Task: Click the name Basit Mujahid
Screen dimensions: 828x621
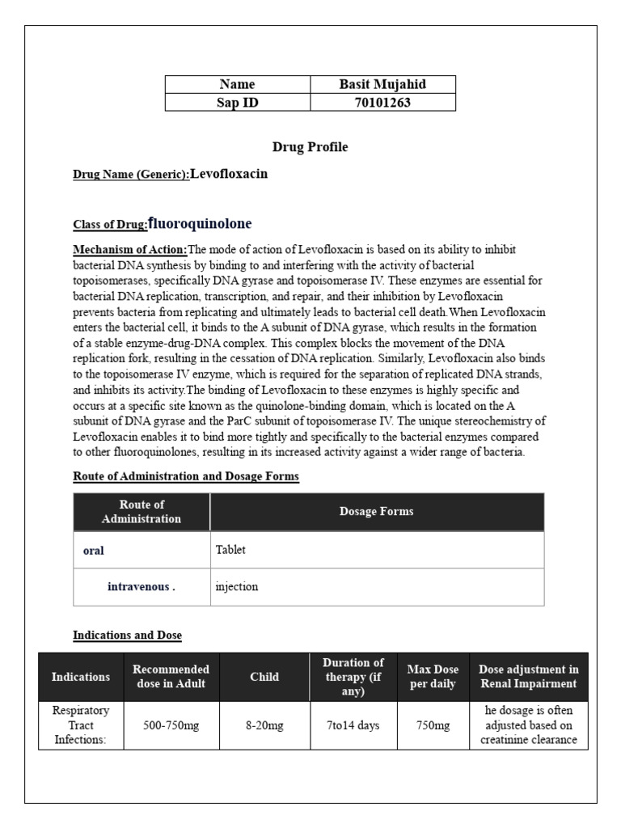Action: point(382,84)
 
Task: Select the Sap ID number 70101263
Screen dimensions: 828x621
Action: point(382,103)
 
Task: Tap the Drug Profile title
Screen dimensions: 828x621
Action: point(310,147)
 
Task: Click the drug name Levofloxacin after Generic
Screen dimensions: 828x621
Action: point(229,174)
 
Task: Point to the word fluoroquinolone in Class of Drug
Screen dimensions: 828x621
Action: point(200,223)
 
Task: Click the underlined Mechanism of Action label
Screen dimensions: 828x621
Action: point(130,249)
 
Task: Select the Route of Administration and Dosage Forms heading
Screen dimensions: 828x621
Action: point(186,477)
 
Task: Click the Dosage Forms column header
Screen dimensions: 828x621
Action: point(376,512)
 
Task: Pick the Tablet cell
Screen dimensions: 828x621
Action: point(230,550)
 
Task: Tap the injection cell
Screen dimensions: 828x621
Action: point(236,587)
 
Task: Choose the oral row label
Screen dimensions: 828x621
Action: point(94,551)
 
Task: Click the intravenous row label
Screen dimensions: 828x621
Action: point(141,587)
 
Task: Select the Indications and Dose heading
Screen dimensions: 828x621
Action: point(127,636)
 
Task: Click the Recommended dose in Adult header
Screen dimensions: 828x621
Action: point(171,676)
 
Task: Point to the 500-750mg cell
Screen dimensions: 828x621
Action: point(171,726)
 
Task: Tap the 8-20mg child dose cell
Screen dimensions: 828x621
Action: point(264,726)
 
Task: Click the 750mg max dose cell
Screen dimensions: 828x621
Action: point(433,726)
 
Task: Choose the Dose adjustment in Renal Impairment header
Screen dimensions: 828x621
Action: point(529,676)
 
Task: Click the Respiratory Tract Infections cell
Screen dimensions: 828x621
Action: point(81,725)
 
